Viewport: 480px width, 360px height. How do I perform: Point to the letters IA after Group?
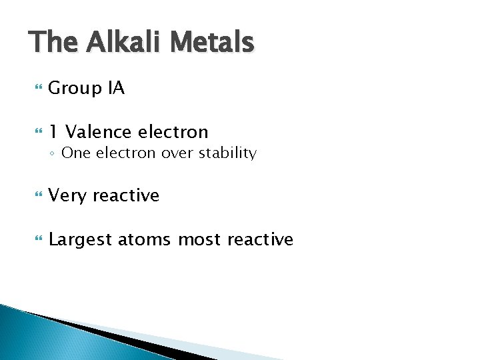pyautogui.click(x=116, y=88)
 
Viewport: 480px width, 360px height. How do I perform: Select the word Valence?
pyautogui.click(x=99, y=132)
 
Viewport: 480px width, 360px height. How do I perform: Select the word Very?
pyautogui.click(x=67, y=196)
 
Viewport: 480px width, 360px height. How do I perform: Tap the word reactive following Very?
pyautogui.click(x=126, y=196)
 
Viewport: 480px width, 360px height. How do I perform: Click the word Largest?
pyautogui.click(x=80, y=240)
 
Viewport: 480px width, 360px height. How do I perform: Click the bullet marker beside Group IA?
pyautogui.click(x=36, y=89)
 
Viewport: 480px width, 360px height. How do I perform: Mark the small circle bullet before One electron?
pyautogui.click(x=53, y=154)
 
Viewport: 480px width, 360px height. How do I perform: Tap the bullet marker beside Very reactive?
pyautogui.click(x=36, y=196)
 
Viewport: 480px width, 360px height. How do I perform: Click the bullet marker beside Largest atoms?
pyautogui.click(x=36, y=240)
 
